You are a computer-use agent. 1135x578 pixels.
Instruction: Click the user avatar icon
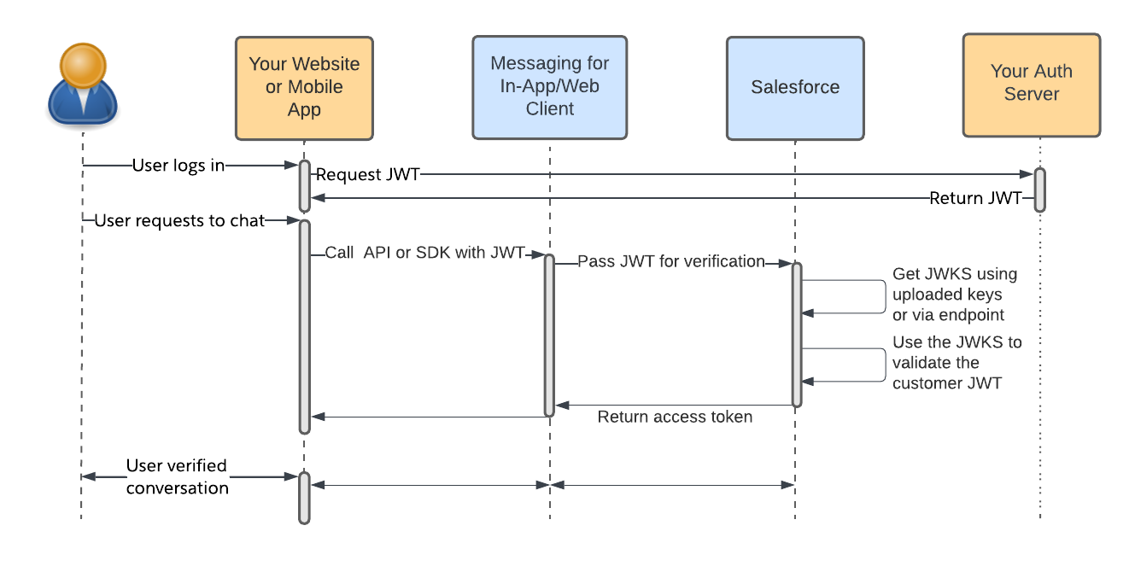82,85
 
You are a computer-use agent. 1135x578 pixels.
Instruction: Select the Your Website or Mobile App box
304,88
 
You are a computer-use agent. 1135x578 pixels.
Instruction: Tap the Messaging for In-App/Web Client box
549,87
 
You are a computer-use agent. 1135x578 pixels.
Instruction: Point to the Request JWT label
368,175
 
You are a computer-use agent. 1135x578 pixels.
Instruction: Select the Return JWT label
975,199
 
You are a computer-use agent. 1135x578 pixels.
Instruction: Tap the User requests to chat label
179,221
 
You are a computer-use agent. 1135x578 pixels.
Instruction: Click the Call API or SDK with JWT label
424,254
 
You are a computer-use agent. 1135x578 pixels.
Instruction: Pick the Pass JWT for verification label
671,261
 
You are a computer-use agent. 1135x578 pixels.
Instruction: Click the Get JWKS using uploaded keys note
954,295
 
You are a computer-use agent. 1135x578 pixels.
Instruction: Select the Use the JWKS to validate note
957,363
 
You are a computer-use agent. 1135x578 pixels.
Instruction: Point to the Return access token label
675,417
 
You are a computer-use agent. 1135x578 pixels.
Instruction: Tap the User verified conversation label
177,477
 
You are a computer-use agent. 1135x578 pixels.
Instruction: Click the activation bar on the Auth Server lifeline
1039,190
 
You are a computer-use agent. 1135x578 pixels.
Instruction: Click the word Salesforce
795,87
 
